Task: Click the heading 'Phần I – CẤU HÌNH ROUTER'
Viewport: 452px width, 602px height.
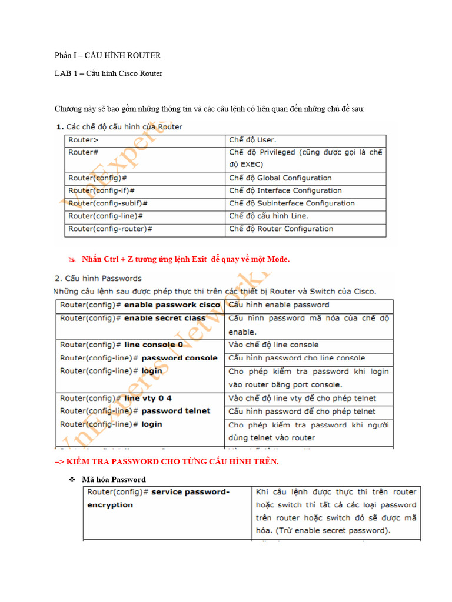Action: tap(108, 56)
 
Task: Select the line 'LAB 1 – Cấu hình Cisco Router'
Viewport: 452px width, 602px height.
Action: tap(108, 73)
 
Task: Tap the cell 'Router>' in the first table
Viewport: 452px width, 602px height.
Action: tap(84, 140)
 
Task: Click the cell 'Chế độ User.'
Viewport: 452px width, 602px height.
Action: tap(252, 140)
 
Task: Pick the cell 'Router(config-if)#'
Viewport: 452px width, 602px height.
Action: tap(102, 190)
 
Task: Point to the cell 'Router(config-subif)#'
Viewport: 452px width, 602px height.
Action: tap(108, 203)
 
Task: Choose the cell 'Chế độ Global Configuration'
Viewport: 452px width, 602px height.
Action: tap(280, 178)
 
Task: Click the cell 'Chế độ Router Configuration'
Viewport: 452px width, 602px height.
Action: tap(281, 229)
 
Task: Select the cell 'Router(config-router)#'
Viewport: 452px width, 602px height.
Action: tap(110, 229)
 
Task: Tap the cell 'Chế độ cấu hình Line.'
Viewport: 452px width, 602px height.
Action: tap(268, 216)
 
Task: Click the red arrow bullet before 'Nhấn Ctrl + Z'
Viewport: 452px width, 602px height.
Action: tap(72, 259)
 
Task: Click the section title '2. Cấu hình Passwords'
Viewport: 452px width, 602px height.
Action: tap(98, 278)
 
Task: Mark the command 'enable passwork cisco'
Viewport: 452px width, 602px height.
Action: tap(172, 305)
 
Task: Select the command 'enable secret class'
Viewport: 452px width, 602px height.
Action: tap(165, 318)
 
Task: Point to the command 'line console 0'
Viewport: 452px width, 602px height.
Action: tap(154, 345)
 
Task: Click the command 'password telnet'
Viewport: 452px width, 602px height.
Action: tap(175, 411)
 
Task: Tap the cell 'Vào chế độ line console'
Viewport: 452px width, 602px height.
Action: tap(273, 345)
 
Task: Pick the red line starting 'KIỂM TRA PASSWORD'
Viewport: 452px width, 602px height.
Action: tap(167, 461)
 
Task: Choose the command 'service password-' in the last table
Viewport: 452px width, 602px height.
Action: tap(190, 492)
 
